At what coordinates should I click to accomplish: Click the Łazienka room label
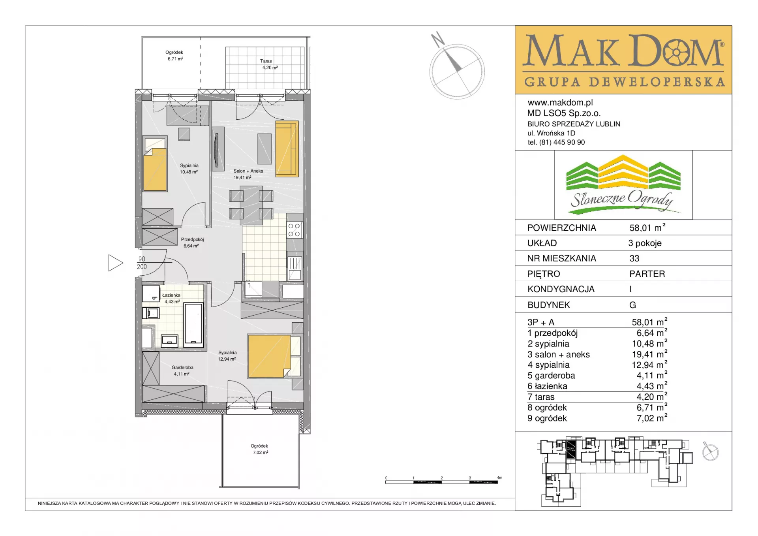(x=171, y=295)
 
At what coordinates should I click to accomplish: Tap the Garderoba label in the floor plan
(x=182, y=367)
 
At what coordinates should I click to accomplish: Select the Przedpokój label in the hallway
(x=192, y=239)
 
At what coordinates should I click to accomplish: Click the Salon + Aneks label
(x=248, y=171)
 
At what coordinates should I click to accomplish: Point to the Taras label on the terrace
(x=266, y=61)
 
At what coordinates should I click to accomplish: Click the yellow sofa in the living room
(x=287, y=149)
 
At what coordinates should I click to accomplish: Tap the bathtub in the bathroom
(x=193, y=325)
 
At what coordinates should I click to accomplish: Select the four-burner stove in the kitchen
(x=294, y=230)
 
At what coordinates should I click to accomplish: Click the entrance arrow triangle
(x=116, y=263)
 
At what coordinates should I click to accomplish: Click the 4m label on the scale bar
(x=500, y=478)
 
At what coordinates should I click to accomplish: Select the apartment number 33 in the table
(x=634, y=258)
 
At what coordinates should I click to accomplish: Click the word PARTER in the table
(x=647, y=274)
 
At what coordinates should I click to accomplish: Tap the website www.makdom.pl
(x=560, y=103)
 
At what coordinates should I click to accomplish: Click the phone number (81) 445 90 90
(x=562, y=142)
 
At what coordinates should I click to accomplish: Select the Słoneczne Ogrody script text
(x=622, y=199)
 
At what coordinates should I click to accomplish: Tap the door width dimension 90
(x=142, y=259)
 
